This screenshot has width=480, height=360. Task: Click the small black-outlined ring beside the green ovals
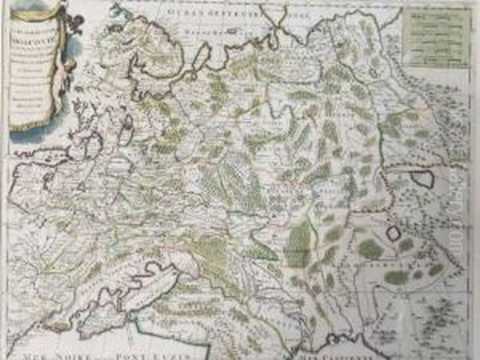393,234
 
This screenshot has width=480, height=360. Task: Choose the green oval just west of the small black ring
370,249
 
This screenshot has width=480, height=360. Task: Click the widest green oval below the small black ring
396,277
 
